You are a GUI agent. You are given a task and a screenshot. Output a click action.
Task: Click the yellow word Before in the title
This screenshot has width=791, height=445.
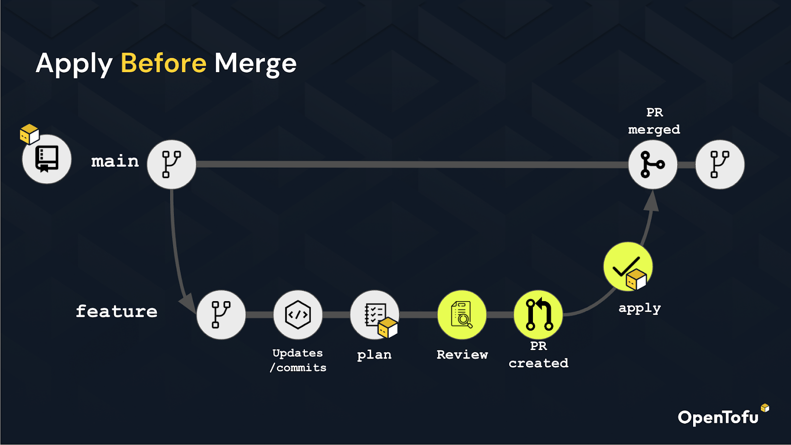[164, 63]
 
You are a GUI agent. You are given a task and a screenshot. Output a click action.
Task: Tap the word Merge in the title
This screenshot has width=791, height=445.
[256, 64]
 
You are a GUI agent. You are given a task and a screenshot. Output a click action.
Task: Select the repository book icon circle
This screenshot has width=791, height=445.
[46, 159]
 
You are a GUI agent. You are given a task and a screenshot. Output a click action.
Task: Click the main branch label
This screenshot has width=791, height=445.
[115, 161]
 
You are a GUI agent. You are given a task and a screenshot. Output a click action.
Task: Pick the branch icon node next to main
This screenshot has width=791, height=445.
[172, 165]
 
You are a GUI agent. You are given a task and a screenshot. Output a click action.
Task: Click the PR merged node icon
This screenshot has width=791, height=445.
[653, 165]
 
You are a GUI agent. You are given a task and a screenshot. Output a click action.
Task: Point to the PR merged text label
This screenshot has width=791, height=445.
[655, 121]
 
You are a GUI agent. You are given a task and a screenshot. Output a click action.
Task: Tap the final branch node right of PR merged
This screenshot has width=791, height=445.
[720, 165]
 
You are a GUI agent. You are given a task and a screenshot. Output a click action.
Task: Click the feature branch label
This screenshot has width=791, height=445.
[117, 311]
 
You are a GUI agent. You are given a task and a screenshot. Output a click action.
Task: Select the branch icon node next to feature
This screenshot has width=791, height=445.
[221, 314]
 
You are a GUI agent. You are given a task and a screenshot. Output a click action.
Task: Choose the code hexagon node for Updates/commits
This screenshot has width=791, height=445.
[298, 314]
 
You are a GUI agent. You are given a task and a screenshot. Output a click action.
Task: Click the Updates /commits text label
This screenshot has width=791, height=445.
[298, 360]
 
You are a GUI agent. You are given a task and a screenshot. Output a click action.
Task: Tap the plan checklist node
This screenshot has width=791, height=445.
[375, 314]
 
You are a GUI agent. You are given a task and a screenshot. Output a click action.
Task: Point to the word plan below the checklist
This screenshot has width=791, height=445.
[374, 355]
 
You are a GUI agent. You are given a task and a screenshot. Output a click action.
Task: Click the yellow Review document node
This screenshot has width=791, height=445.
[462, 314]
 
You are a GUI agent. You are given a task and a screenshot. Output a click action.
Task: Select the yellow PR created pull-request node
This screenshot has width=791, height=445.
[538, 314]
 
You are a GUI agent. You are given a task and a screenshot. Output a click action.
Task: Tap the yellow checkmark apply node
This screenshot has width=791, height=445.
[628, 267]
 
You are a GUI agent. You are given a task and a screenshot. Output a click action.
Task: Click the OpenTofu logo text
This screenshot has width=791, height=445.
[718, 418]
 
